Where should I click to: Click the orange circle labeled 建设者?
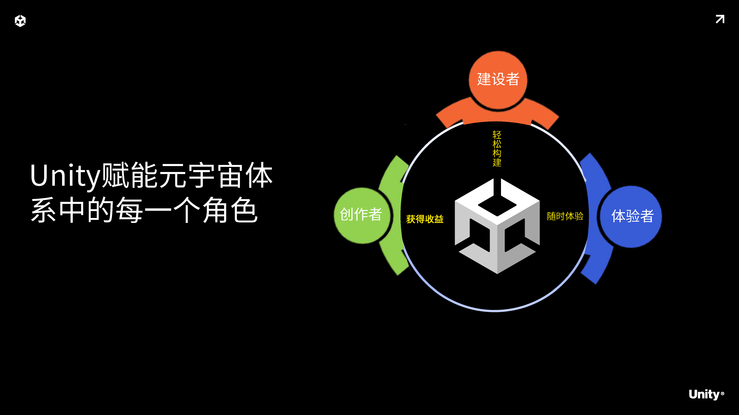tap(498, 80)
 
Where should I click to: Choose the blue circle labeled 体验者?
tap(631, 216)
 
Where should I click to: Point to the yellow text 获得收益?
tap(425, 219)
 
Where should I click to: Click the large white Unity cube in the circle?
tap(497, 226)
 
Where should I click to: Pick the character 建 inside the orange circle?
tap(484, 79)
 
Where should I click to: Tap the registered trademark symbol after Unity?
tap(722, 393)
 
